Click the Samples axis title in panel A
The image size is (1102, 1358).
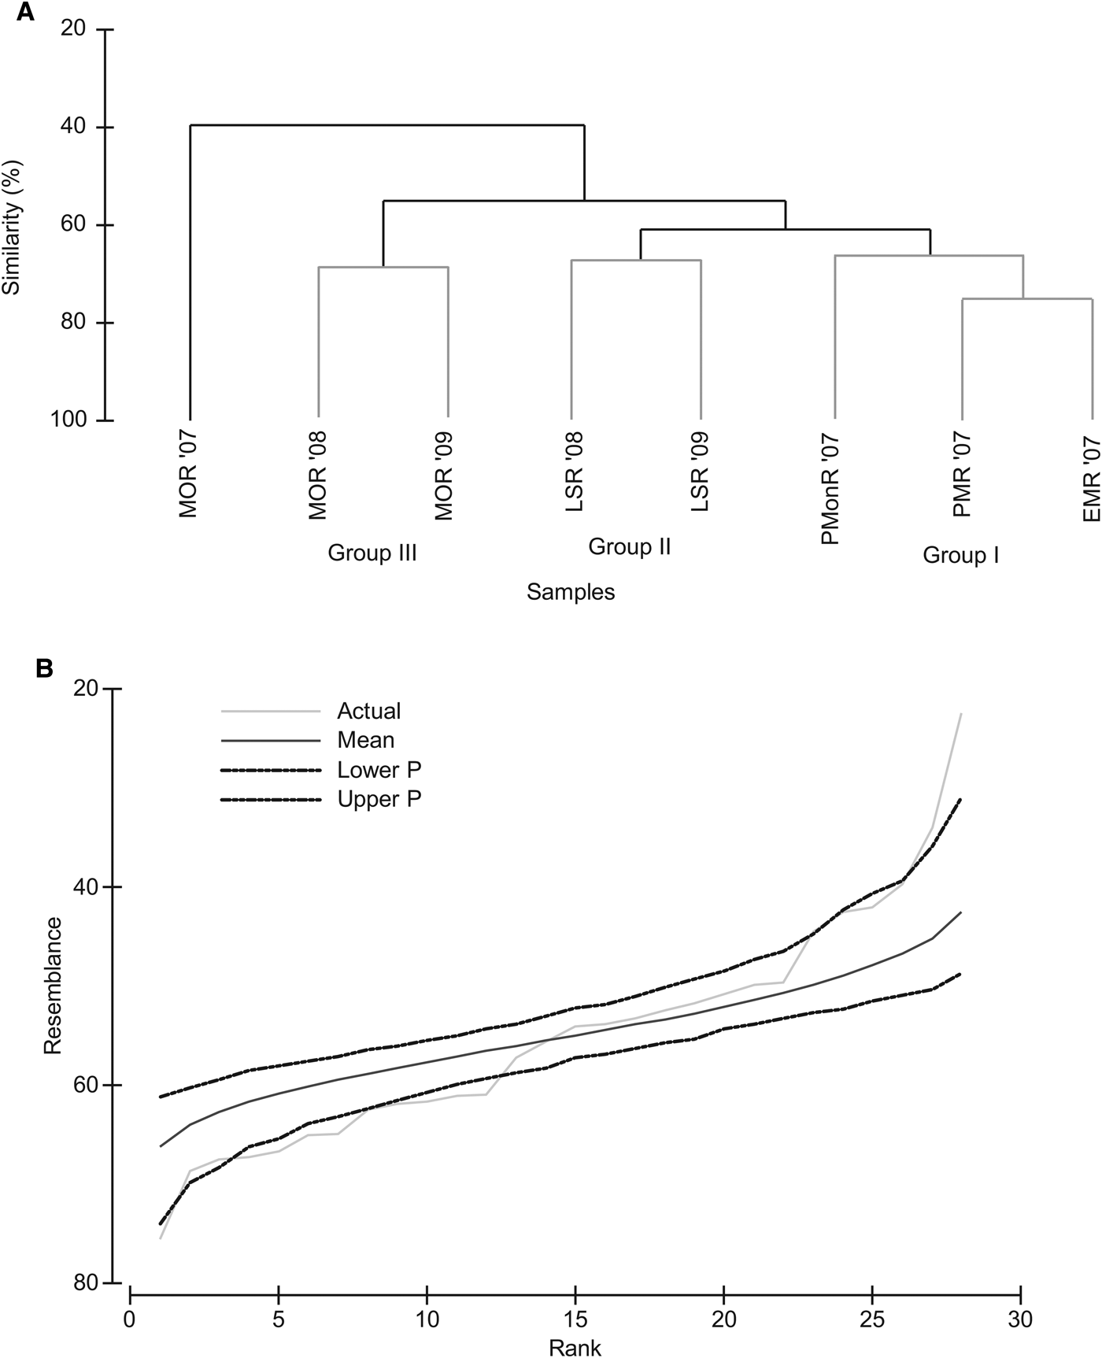571,592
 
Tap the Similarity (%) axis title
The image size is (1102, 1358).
11,226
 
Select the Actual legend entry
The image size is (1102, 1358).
368,711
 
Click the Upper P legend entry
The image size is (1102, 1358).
379,799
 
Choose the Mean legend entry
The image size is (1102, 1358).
365,740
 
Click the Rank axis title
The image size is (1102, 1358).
575,1348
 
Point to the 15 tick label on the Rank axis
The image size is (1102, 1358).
575,1317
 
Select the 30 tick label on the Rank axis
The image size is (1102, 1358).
1020,1317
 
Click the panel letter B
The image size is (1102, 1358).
45,668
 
